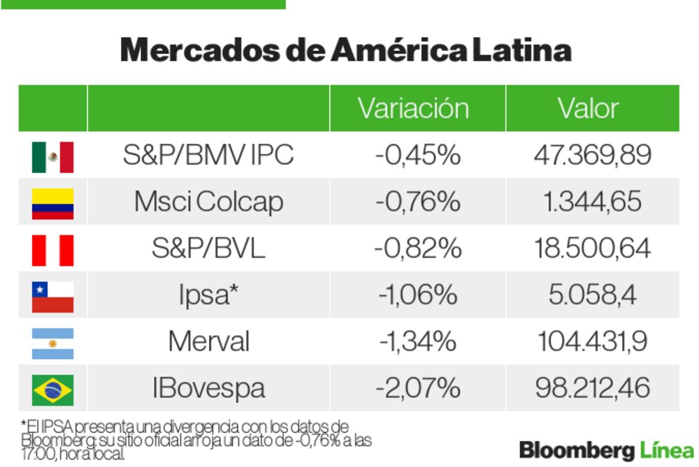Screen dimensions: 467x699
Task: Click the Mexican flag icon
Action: [x=52, y=156]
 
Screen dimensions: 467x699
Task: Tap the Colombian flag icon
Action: [x=52, y=203]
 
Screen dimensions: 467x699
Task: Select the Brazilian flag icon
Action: [x=52, y=390]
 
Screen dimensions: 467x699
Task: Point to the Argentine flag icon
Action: [x=52, y=343]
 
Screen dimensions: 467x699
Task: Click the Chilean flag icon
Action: [x=52, y=296]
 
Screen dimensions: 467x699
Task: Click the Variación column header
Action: [x=413, y=109]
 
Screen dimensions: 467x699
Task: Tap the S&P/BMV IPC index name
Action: [x=208, y=155]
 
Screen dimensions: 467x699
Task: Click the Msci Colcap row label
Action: [x=208, y=202]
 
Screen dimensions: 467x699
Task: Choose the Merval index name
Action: [x=208, y=342]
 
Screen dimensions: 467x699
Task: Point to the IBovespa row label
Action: [x=208, y=388]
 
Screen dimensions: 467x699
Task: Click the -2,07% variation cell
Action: [x=417, y=388]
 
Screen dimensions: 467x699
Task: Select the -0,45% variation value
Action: [x=417, y=155]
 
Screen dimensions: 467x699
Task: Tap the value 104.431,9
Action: [x=592, y=342]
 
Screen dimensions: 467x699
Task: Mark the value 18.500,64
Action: [x=592, y=249]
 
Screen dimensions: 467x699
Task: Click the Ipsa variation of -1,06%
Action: [x=417, y=295]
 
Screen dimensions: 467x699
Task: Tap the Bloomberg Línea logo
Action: [x=606, y=449]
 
